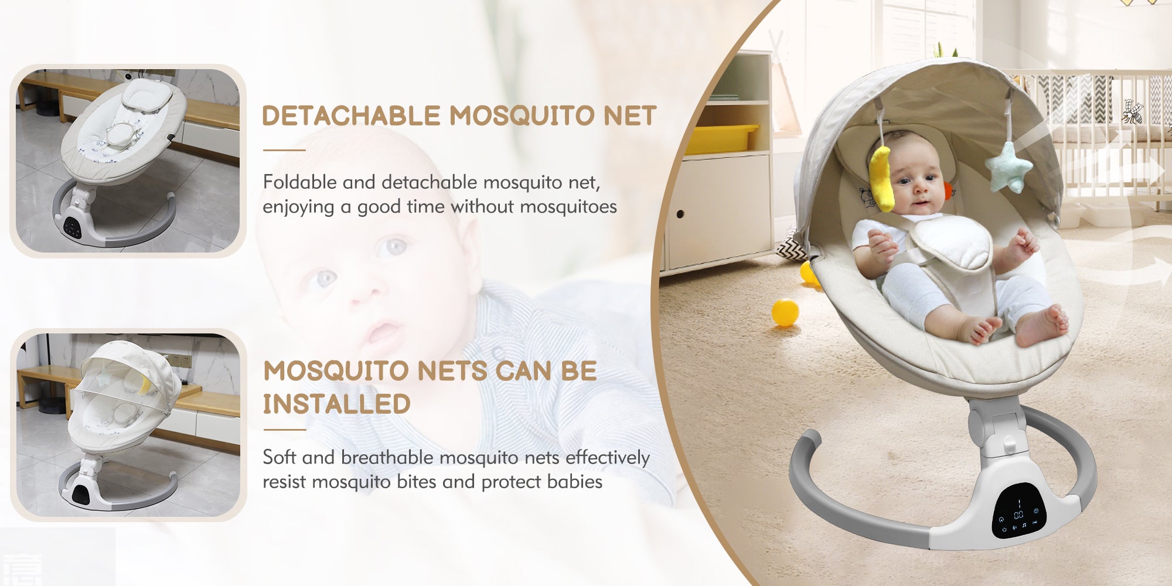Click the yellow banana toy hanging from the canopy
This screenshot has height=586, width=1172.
point(882,178)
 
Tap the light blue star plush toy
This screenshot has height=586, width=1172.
point(1009,166)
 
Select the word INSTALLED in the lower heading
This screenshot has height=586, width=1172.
point(336,404)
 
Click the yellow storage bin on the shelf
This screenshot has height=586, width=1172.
point(721,139)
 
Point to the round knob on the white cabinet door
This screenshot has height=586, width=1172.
point(680,214)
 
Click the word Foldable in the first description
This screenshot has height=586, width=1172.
point(299,182)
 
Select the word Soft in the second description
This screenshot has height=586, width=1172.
point(279,457)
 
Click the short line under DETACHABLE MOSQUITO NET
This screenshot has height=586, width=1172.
point(284,150)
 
